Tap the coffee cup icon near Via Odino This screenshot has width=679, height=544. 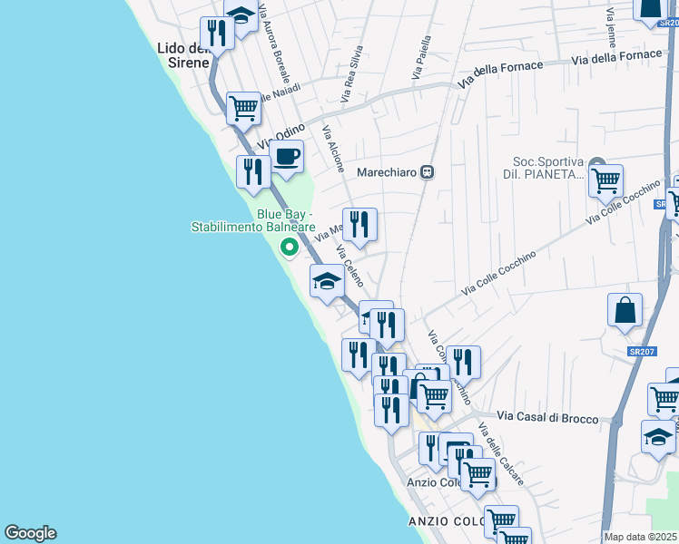[x=286, y=156]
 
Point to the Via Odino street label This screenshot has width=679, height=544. [x=280, y=136]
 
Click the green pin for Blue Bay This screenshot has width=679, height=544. [x=290, y=246]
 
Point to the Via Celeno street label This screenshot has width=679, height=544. [x=349, y=266]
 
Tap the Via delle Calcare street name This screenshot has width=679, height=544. [x=504, y=459]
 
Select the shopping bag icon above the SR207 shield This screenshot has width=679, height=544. [x=625, y=310]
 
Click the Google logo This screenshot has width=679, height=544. [x=30, y=533]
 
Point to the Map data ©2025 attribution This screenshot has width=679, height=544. [x=641, y=537]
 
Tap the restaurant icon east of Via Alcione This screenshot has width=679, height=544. [x=359, y=224]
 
